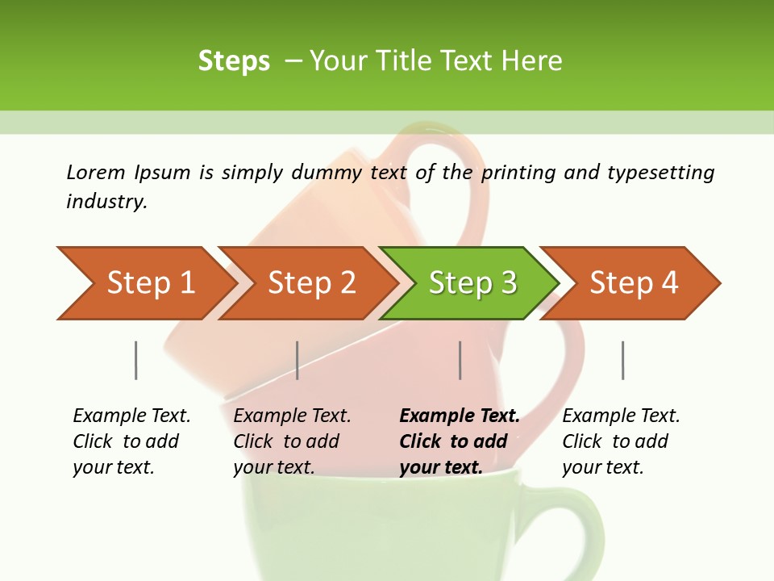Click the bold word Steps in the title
click(234, 61)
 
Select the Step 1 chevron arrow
click(145, 282)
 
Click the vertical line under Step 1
click(136, 360)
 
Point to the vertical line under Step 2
click(298, 360)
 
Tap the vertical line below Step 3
click(460, 360)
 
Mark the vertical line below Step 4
click(623, 360)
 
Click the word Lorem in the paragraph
click(96, 173)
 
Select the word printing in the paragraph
click(517, 173)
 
